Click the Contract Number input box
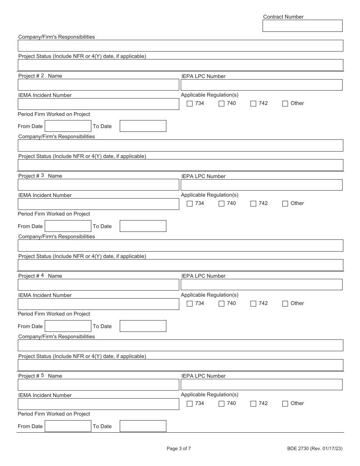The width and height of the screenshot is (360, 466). click(302, 26)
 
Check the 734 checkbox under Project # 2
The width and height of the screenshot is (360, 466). click(190, 103)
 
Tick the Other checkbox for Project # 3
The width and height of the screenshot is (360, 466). click(285, 203)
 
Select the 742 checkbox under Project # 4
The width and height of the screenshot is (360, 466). click(253, 303)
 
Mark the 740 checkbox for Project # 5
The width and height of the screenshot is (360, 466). click(222, 403)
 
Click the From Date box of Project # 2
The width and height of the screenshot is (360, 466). click(68, 126)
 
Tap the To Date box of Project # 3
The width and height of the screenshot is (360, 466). click(143, 226)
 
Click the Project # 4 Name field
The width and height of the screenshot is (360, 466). click(98, 285)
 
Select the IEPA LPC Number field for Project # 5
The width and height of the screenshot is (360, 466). click(261, 385)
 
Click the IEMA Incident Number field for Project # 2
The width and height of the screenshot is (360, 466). click(98, 104)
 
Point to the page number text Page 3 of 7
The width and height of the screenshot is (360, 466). click(179, 449)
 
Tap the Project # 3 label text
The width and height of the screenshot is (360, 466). click(31, 176)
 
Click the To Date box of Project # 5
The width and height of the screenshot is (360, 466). click(143, 426)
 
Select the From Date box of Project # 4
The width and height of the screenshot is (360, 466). click(68, 326)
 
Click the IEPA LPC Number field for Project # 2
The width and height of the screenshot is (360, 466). click(261, 85)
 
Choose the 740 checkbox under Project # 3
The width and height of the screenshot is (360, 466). click(222, 203)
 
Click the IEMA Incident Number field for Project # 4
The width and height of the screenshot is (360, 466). click(98, 304)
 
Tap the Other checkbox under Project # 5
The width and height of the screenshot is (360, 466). click(285, 403)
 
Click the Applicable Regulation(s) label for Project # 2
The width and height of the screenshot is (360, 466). click(210, 95)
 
